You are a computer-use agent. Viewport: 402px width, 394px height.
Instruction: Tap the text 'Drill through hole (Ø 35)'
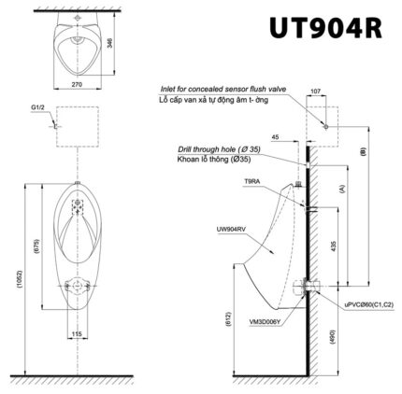(x=218, y=149)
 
